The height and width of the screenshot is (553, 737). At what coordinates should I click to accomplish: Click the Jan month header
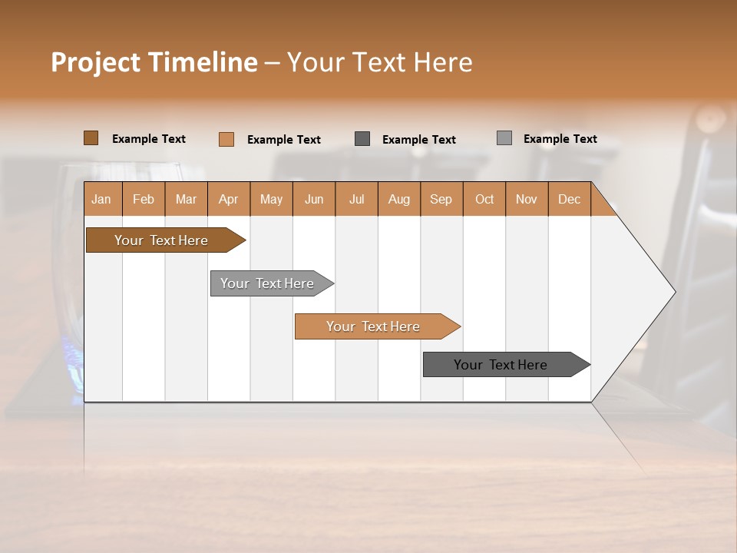102,199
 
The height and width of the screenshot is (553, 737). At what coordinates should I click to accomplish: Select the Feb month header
144,199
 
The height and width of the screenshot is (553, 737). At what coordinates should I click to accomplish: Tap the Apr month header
228,199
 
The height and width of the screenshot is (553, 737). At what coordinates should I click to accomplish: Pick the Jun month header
314,199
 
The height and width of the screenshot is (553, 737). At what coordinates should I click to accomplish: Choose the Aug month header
398,199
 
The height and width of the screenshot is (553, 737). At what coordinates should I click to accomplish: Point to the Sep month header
441,199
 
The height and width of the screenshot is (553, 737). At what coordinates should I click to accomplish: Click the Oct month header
484,199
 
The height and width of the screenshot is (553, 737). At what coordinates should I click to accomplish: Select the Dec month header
569,199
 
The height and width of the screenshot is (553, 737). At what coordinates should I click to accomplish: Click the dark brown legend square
91,138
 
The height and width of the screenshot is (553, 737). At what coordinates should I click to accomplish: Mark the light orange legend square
226,139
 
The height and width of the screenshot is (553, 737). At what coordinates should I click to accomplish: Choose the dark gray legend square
362,139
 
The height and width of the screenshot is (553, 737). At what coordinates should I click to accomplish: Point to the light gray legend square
504,138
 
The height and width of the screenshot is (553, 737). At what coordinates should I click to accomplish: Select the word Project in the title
95,62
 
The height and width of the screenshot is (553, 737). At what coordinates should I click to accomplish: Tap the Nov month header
526,199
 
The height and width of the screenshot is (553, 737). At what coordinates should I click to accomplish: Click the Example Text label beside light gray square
560,139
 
